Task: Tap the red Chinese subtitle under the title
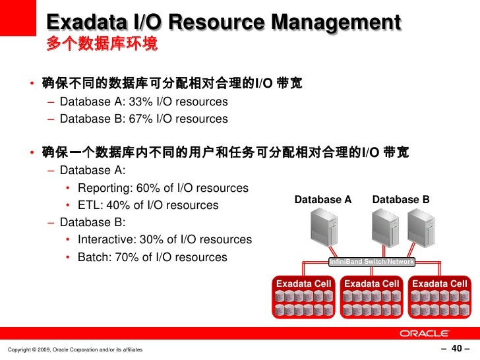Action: click(102, 45)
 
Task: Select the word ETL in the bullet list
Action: click(88, 206)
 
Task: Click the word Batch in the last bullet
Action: click(92, 257)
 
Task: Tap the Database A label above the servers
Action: click(323, 200)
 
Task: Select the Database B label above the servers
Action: click(401, 200)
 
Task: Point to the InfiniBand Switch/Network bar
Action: click(372, 262)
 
